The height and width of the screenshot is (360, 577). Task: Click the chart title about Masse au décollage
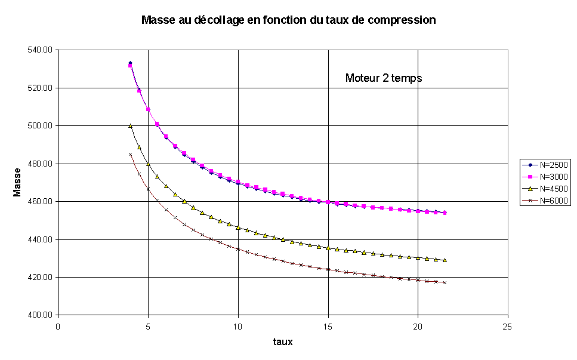pos(288,20)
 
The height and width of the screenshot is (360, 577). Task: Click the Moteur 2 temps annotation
pos(384,78)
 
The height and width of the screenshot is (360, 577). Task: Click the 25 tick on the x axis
pos(507,327)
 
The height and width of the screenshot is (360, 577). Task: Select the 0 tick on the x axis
pos(58,327)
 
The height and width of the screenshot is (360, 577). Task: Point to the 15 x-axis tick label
pos(328,327)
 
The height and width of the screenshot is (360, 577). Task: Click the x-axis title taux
pos(283,342)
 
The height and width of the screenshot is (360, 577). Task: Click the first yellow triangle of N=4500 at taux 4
pos(130,125)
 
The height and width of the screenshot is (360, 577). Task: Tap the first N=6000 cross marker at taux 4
pos(130,154)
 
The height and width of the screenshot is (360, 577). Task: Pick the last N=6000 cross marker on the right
pos(445,282)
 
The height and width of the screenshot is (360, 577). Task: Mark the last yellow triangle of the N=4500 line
pos(445,260)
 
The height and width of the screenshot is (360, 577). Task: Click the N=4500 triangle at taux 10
pos(238,227)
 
